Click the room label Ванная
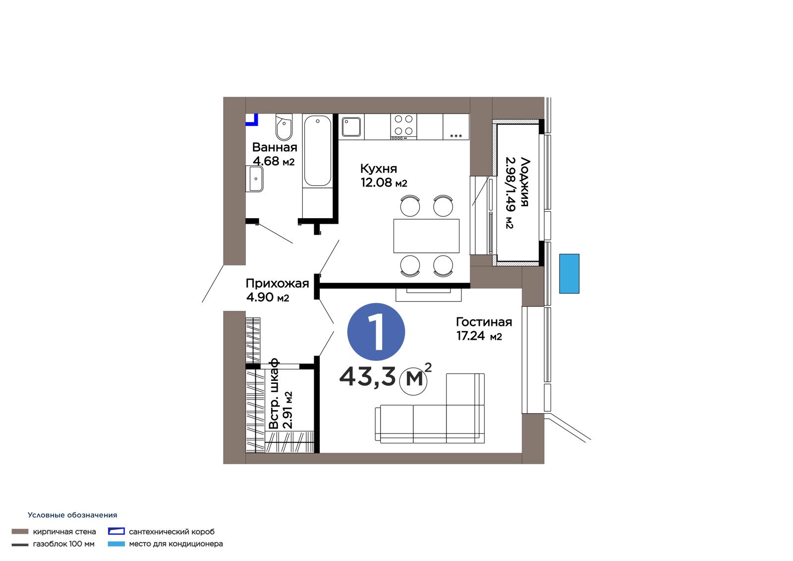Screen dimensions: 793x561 point(275,147)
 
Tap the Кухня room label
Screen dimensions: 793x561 point(379,168)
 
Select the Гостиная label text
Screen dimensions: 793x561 point(484,322)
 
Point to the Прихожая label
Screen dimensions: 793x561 point(277,283)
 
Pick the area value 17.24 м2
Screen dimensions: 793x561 point(479,336)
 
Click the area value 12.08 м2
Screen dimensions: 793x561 point(384,182)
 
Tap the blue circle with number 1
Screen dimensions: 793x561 point(376,332)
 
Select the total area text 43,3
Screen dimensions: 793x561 point(367,376)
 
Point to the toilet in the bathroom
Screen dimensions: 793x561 point(284,127)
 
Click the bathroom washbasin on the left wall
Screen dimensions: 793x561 point(255,179)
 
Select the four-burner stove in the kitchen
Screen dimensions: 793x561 point(403,126)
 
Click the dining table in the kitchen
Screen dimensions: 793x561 point(426,236)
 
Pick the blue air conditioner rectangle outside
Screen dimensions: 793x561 point(569,274)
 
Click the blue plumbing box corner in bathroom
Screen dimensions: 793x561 point(252,120)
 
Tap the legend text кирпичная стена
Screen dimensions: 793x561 point(64,532)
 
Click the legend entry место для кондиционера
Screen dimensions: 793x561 point(176,544)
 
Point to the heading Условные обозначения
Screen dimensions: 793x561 point(72,515)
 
